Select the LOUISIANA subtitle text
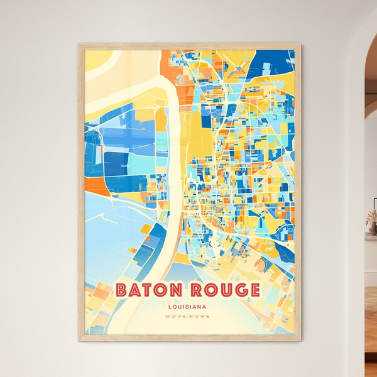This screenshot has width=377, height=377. point(188,307)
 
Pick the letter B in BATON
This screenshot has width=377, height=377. point(123,290)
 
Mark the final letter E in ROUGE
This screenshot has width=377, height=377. point(252,290)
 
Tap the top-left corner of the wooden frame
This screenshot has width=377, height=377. point(79,45)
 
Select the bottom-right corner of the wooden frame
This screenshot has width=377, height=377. point(300,341)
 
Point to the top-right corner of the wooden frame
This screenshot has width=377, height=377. point(300,45)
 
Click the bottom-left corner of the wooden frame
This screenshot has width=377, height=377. point(79,341)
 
